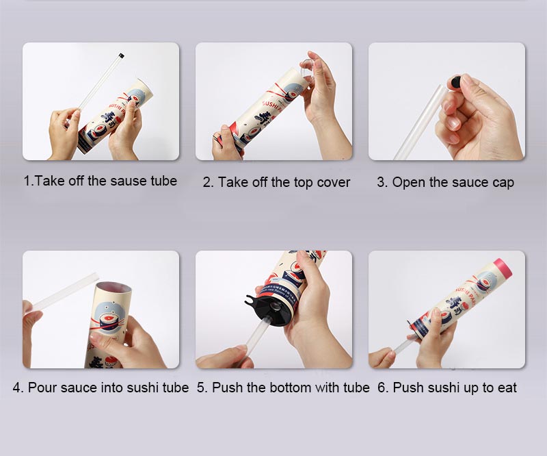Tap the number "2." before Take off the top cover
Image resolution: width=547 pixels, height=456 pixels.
208,183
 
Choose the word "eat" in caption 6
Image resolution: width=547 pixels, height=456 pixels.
507,388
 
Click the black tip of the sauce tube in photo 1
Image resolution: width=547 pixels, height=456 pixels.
121,53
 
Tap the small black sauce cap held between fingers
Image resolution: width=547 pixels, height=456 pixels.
453,84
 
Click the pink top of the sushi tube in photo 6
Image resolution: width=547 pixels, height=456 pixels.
503,266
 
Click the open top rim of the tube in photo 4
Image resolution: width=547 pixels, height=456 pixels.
108,288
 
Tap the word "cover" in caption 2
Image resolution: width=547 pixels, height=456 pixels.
334,183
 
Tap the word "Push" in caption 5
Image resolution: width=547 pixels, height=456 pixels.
226,388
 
